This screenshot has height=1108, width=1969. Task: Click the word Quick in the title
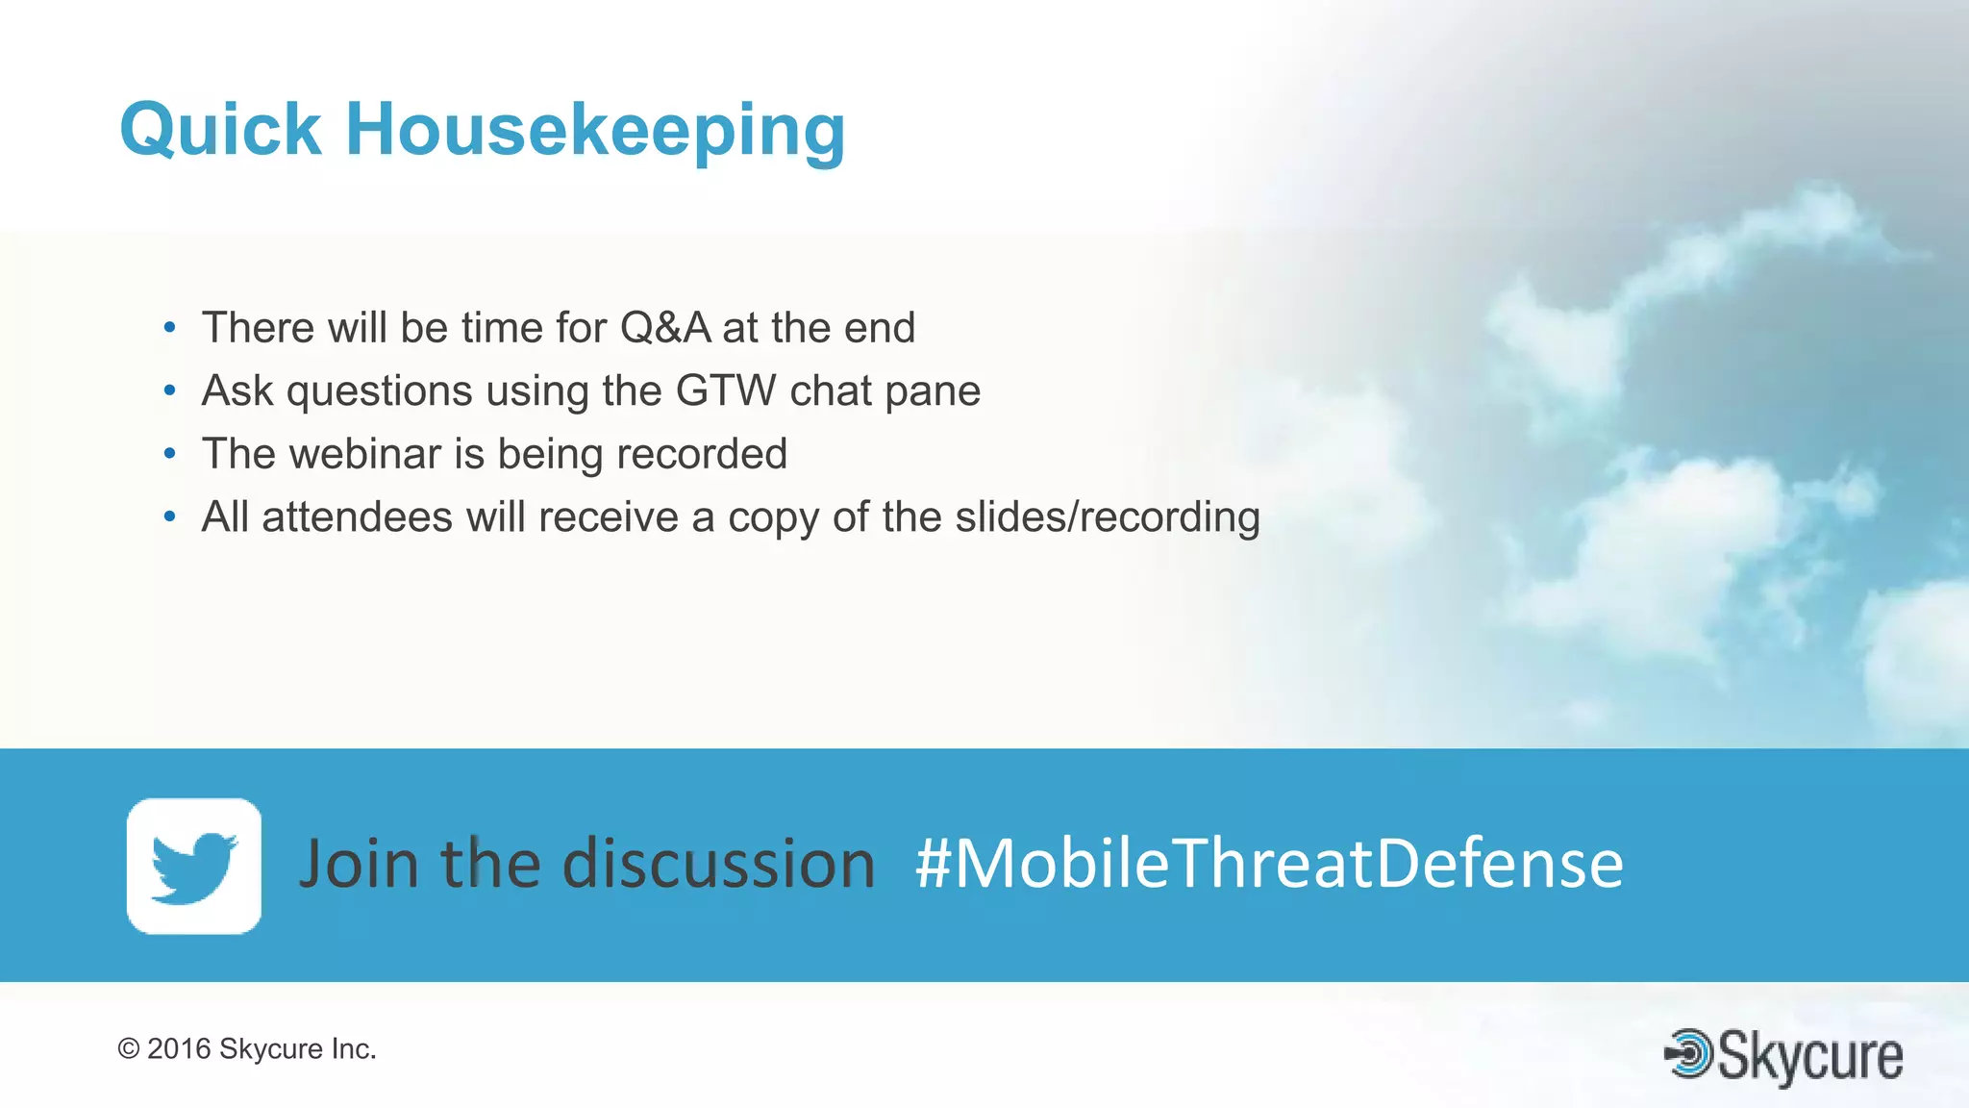220,130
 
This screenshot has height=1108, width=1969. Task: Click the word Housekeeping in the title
595,132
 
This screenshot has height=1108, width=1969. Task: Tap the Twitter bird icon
194,866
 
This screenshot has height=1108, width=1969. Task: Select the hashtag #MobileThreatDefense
1269,863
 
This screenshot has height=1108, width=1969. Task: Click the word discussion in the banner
718,863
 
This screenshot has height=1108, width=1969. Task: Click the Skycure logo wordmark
1809,1056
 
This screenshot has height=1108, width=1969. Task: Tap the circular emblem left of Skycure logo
1689,1054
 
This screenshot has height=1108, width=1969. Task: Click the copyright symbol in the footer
129,1049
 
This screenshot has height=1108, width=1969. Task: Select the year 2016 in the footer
179,1049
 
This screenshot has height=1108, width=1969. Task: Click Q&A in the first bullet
665,328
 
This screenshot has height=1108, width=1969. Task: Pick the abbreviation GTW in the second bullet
726,391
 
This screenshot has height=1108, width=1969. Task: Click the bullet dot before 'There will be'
170,329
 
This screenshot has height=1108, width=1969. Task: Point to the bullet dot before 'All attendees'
170,518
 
